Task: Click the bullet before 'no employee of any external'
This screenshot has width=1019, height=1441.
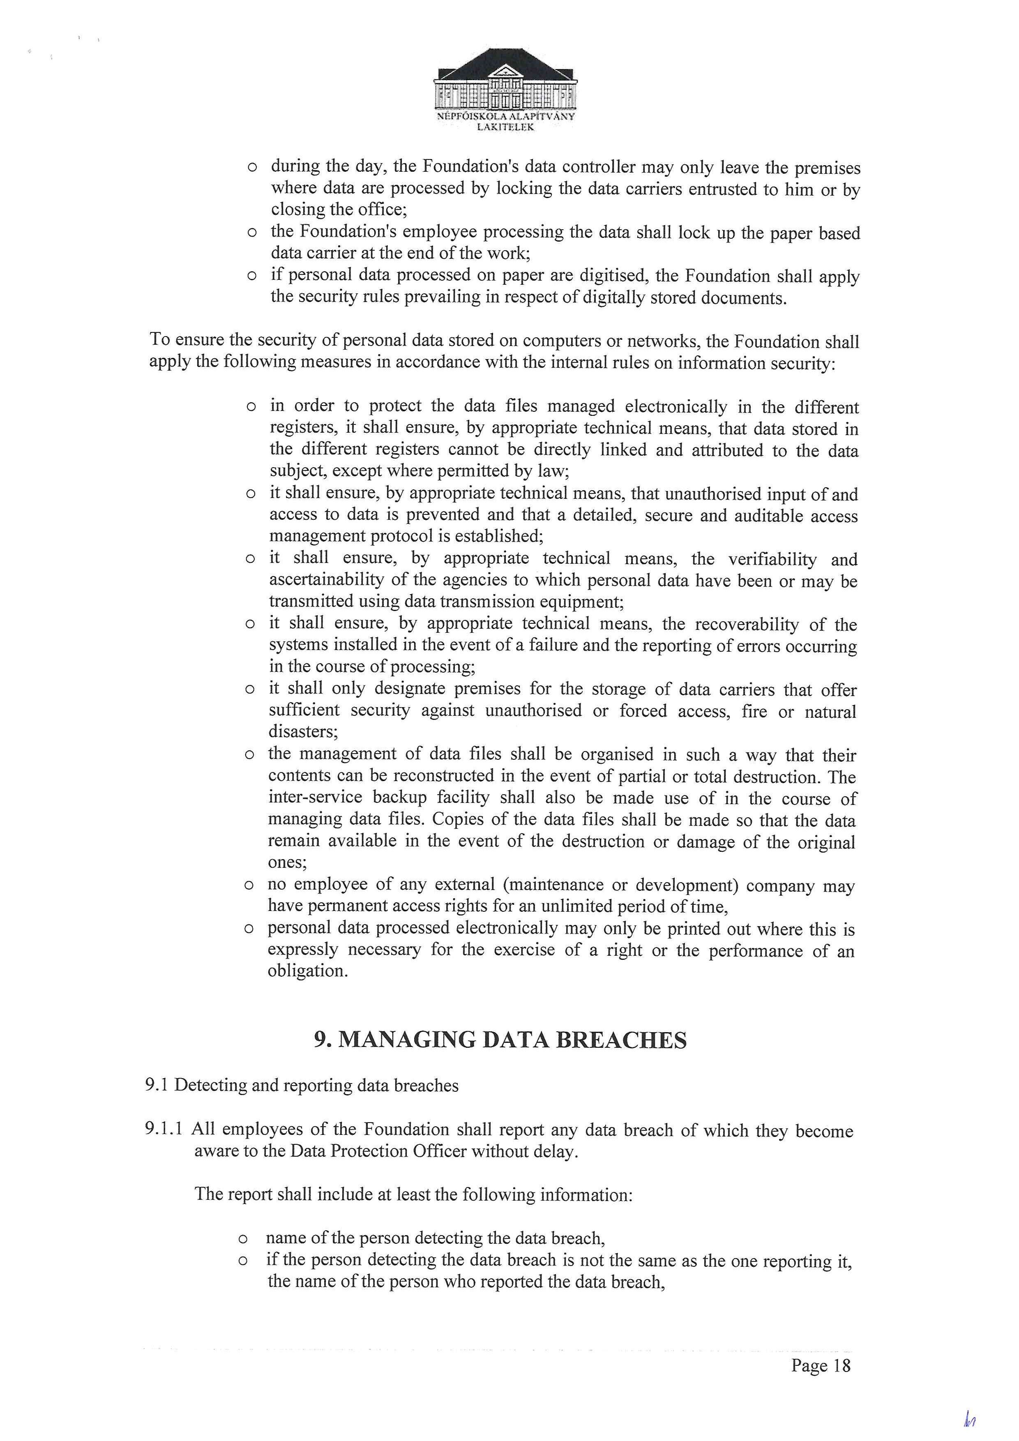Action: pos(249,885)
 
